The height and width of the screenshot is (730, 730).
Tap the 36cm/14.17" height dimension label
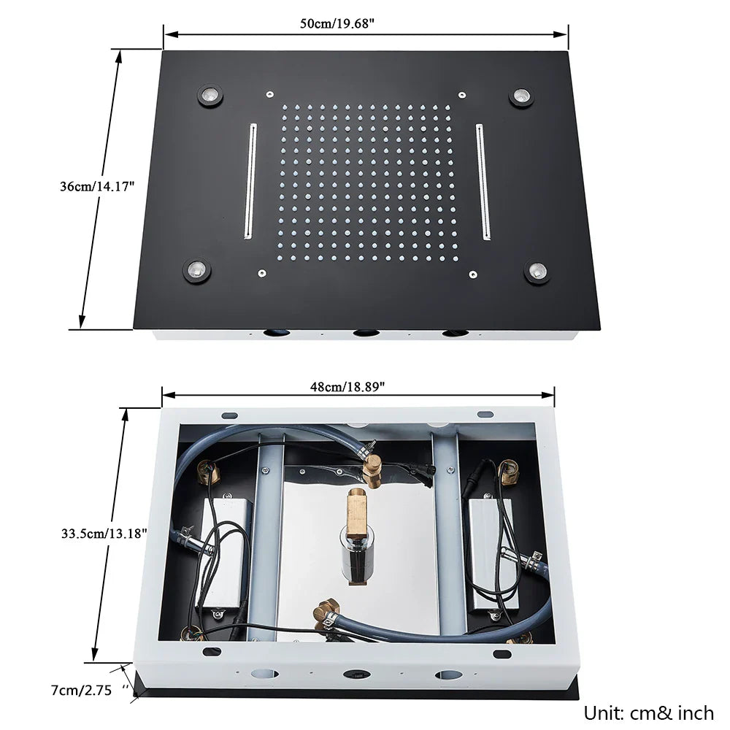point(98,186)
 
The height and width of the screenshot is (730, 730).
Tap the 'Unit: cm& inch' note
point(648,712)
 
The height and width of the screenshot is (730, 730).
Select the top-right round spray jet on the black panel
point(521,96)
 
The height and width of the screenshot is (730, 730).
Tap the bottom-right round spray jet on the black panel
point(539,272)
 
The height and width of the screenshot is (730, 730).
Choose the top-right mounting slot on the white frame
point(485,415)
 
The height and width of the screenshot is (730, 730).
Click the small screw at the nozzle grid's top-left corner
point(269,94)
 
